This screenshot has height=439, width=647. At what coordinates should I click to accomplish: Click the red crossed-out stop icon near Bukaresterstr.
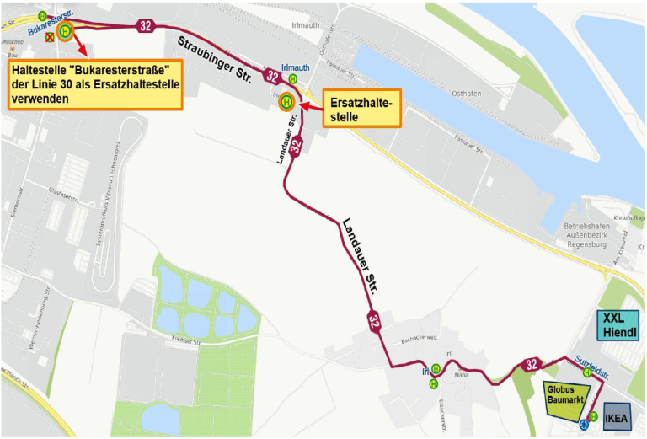[x=50, y=37]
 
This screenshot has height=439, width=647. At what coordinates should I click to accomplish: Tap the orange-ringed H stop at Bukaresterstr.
[x=66, y=30]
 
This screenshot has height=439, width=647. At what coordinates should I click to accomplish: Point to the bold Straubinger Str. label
[x=214, y=59]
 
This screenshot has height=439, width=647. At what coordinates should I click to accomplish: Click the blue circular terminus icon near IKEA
[x=583, y=426]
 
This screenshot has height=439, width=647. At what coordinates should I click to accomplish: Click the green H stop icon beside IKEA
[x=593, y=415]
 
